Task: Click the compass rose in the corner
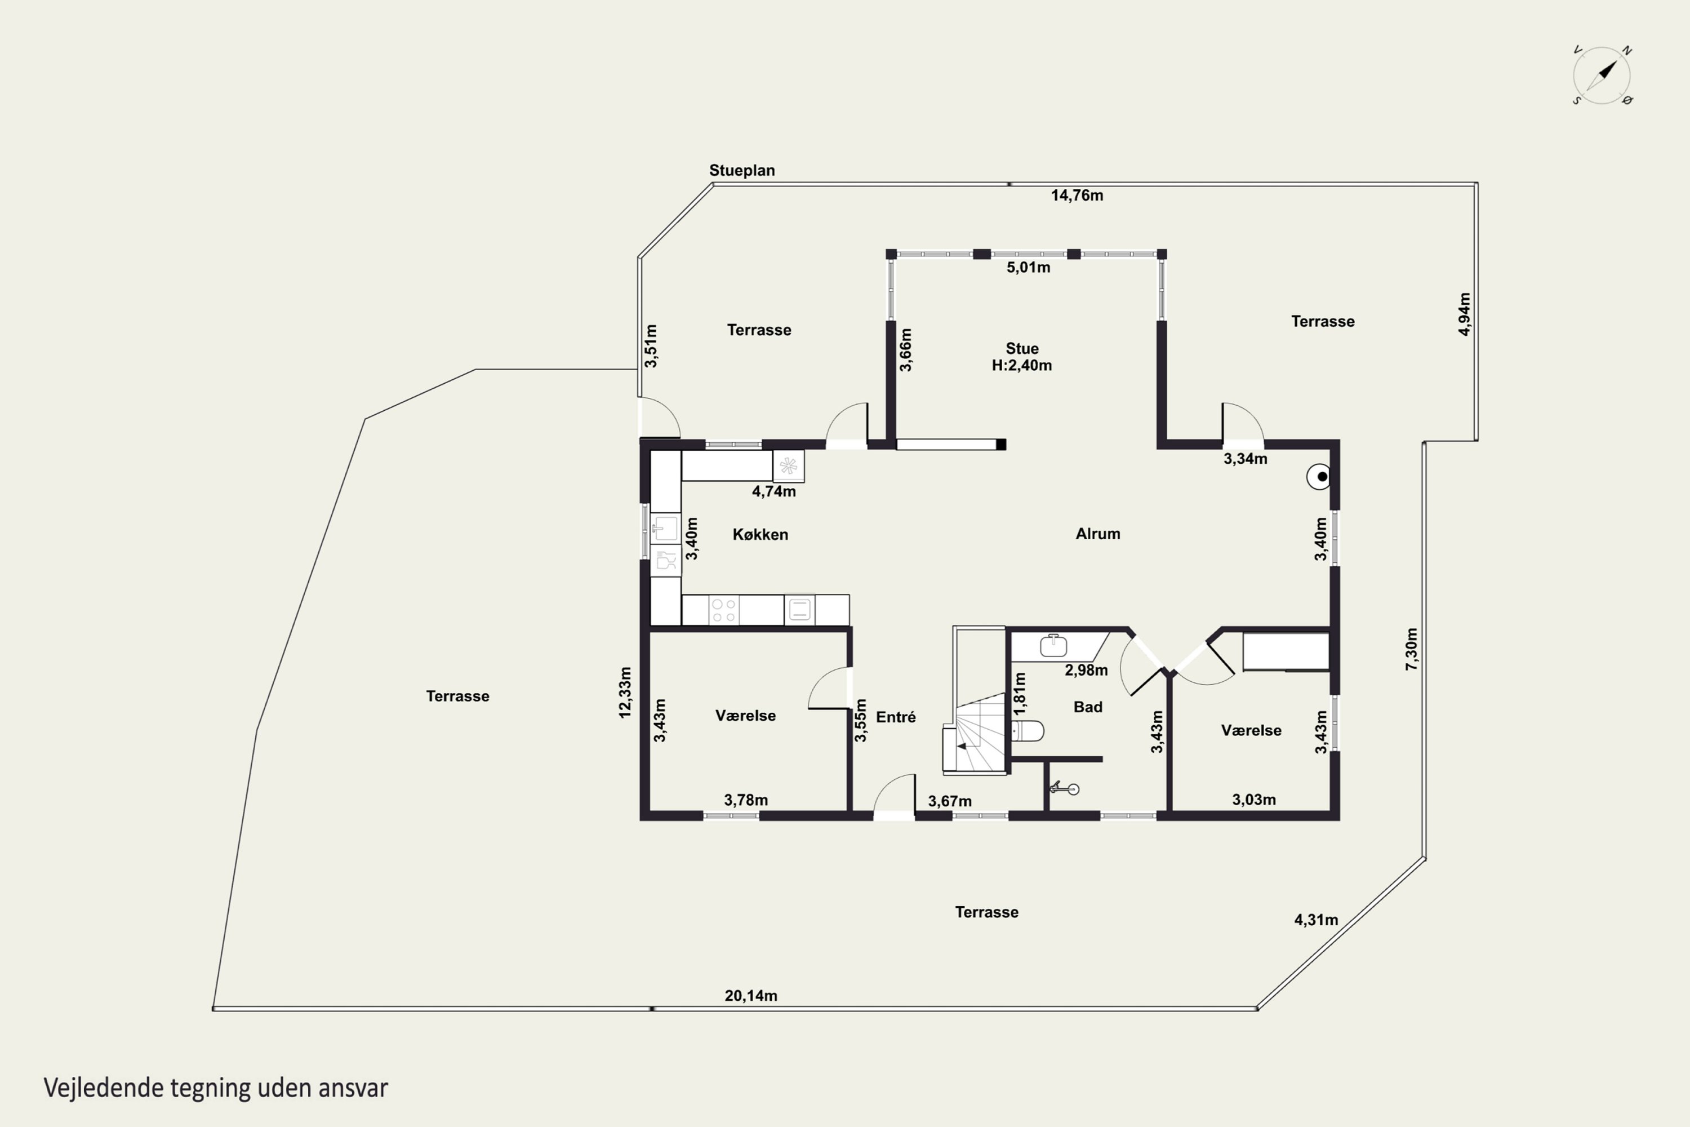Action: [x=1602, y=76]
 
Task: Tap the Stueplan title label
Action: [x=742, y=170]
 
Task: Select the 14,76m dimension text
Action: [x=1077, y=196]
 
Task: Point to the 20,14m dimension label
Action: [x=751, y=996]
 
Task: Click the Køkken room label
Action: [x=760, y=534]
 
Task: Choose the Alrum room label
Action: [x=1098, y=533]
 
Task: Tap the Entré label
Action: [x=896, y=717]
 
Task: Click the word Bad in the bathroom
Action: [x=1088, y=707]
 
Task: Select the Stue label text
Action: [x=1022, y=349]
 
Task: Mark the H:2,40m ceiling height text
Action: [x=1022, y=365]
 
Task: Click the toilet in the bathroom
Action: [x=1027, y=731]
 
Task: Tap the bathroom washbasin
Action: [x=1053, y=645]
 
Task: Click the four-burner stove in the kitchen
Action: [x=723, y=610]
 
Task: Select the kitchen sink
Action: [x=665, y=529]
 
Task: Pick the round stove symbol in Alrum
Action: [x=1319, y=477]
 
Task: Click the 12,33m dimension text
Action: [x=625, y=692]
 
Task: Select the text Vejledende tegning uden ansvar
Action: [x=216, y=1088]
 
